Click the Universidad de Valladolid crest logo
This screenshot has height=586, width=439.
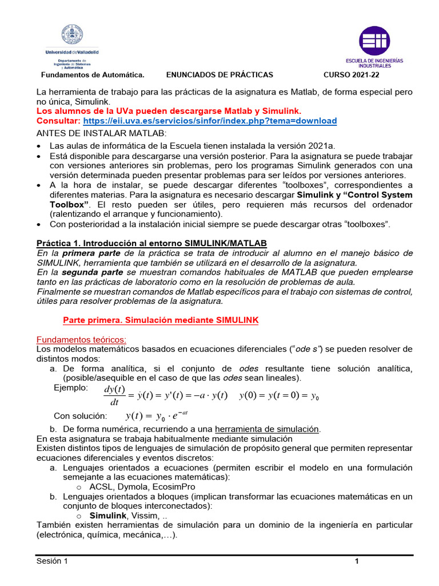72,35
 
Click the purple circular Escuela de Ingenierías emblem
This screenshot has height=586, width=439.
374,41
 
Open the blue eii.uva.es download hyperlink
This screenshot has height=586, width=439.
210,121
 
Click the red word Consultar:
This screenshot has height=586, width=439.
58,121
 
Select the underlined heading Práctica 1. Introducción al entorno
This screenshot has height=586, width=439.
151,243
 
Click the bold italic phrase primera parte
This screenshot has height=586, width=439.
90,253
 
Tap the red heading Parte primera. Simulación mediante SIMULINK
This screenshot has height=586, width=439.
160,320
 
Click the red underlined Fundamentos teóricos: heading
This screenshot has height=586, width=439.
81,339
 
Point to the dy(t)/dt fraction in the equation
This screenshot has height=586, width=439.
114,395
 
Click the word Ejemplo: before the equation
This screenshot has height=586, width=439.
71,388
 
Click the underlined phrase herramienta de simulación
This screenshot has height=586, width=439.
268,429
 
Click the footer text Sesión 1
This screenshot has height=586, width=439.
52,561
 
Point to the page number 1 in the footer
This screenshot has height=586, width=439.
357,561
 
